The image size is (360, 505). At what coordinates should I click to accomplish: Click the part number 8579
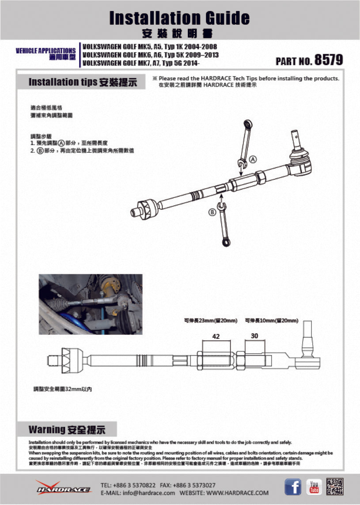pos(328,61)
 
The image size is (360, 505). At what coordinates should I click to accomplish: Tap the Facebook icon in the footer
pos(293,487)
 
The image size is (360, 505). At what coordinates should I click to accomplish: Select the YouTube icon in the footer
pos(314,487)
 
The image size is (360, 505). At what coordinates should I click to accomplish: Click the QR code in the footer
pos(335,487)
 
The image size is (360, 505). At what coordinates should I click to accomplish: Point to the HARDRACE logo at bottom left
pos(63,487)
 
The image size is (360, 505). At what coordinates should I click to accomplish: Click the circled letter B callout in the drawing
pos(212,212)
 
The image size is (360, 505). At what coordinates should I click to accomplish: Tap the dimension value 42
pos(216,337)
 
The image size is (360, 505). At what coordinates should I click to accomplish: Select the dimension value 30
pos(254,336)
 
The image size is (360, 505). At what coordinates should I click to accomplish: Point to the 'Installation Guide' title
pos(179,18)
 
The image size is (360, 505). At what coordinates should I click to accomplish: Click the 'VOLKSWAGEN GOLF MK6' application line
pos(150,55)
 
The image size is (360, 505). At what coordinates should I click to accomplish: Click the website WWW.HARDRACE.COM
pos(237,493)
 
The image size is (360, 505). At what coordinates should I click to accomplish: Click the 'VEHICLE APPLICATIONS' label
pos(45,51)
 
